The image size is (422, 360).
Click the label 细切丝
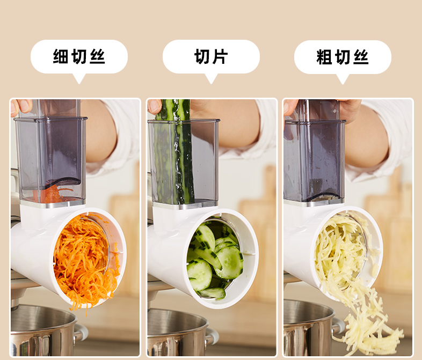(x=79, y=56)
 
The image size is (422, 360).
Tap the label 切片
(x=211, y=56)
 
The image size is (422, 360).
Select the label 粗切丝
(x=343, y=57)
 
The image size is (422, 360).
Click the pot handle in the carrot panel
(x=80, y=333)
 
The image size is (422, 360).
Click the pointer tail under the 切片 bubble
(x=211, y=78)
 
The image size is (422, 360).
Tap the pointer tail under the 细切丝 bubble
(x=79, y=78)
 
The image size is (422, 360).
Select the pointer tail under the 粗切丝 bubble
(x=343, y=79)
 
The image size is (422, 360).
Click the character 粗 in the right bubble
(x=324, y=57)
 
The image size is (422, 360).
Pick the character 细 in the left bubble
(x=61, y=56)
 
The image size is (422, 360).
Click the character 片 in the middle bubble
(x=221, y=56)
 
